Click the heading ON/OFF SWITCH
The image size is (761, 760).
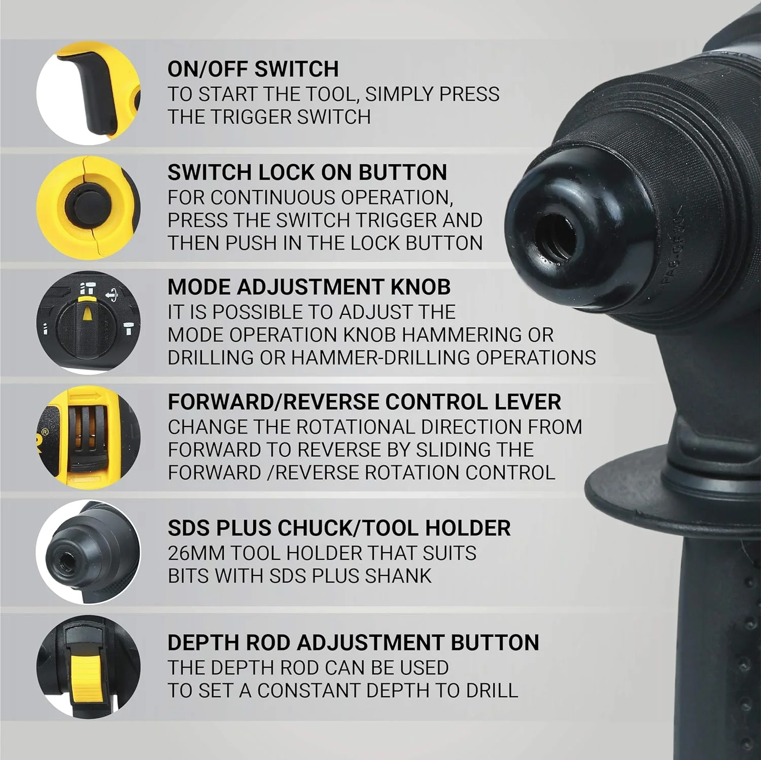click(253, 69)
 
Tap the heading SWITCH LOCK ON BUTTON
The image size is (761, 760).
click(307, 172)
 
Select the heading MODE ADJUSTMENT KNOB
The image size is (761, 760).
click(309, 287)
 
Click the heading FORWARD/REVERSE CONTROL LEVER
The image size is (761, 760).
click(364, 402)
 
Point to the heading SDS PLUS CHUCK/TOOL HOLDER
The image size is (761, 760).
click(339, 528)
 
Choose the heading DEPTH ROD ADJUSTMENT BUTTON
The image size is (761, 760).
click(353, 642)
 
